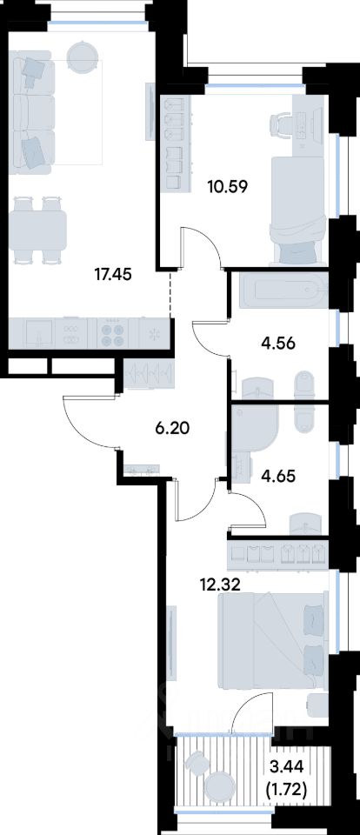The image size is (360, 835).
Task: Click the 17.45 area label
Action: [113, 275]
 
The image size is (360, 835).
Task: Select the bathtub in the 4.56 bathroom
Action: [283, 291]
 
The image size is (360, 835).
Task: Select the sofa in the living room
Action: [32, 112]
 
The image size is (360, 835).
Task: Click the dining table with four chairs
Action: [37, 230]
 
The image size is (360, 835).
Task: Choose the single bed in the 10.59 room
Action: [297, 210]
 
